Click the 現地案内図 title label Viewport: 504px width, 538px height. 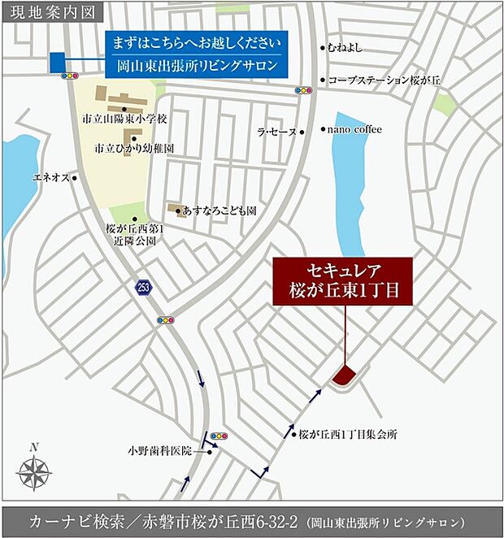48,13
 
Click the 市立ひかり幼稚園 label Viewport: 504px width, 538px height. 133,150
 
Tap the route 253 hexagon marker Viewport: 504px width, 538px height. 142,287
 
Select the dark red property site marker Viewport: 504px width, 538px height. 343,375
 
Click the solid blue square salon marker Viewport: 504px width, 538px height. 58,63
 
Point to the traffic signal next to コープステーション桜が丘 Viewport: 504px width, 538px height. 304,90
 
